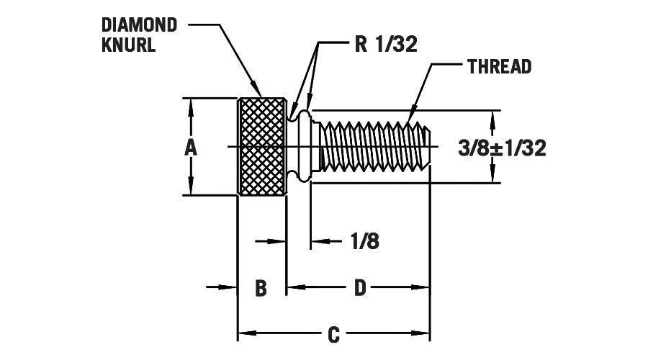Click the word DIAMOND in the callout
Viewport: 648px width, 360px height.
[x=139, y=24]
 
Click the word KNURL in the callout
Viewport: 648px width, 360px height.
[x=129, y=45]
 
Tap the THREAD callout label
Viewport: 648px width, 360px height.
[x=499, y=67]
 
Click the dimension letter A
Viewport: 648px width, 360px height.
[x=190, y=148]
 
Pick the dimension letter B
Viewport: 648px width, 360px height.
[x=261, y=289]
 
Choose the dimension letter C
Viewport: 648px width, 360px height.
[x=333, y=336]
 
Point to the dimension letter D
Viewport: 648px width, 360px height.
[x=360, y=289]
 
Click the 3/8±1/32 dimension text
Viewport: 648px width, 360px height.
[x=502, y=148]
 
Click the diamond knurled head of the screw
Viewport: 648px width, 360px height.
[x=262, y=146]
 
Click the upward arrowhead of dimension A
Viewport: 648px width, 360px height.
[x=191, y=104]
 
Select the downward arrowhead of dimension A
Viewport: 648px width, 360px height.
[x=191, y=188]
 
